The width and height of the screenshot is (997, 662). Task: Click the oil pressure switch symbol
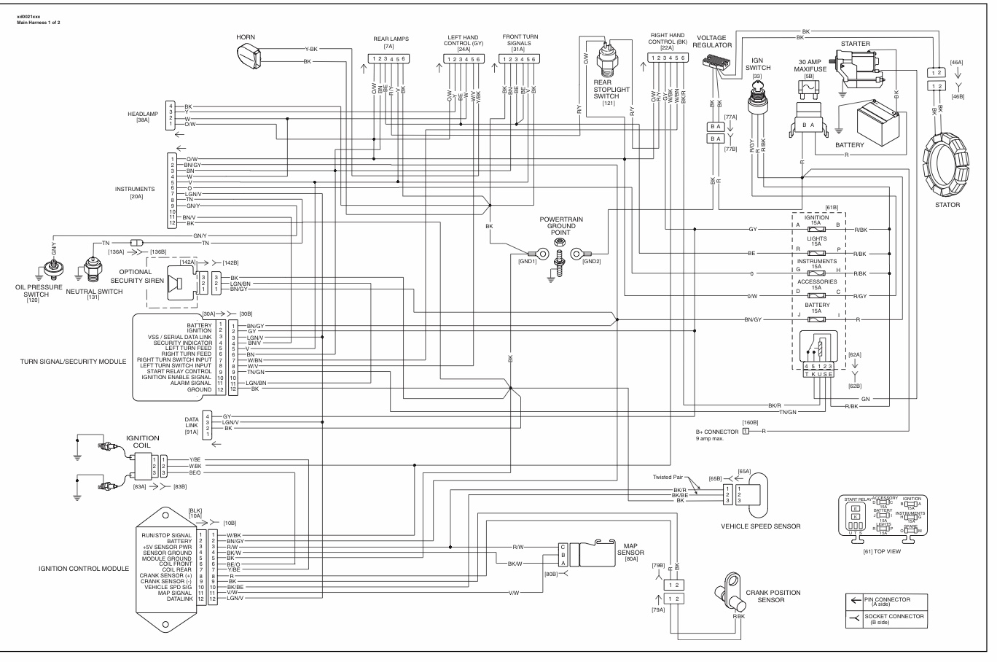(52, 271)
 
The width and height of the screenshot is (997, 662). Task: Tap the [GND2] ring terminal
(576, 254)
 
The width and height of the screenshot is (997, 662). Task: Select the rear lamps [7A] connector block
(387, 58)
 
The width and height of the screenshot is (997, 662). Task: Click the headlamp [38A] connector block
(170, 115)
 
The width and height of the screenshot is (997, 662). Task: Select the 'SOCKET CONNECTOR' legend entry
(894, 619)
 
